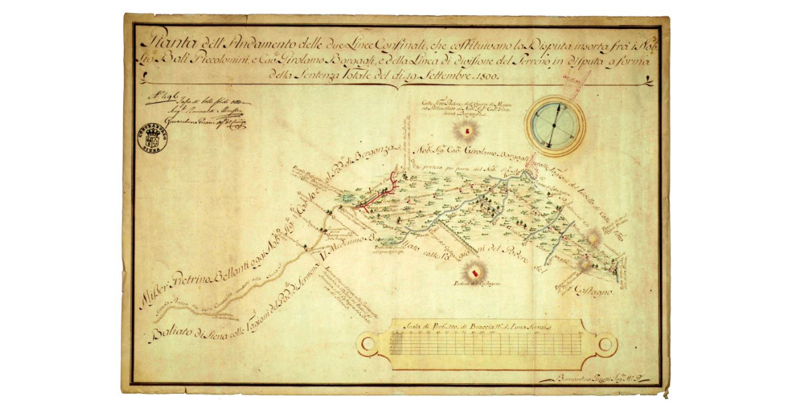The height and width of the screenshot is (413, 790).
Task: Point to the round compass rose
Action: point(556,125)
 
